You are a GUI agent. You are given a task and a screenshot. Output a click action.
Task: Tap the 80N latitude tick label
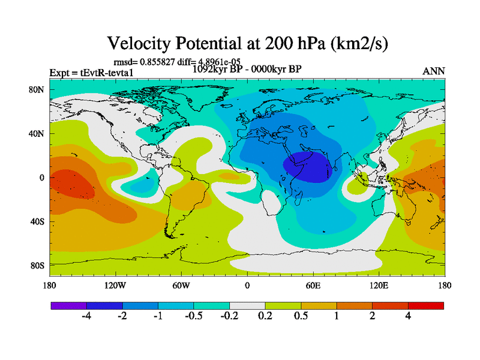pos(38,89)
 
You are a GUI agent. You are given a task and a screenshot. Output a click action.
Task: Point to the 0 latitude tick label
pos(43,178)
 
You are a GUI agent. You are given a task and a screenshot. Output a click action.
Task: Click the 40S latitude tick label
pos(38,221)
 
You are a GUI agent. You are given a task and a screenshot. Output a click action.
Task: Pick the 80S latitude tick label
pos(38,265)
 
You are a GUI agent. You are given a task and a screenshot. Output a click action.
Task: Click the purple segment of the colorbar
pos(68,305)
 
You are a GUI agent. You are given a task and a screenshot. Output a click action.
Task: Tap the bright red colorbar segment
pos(426,305)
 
